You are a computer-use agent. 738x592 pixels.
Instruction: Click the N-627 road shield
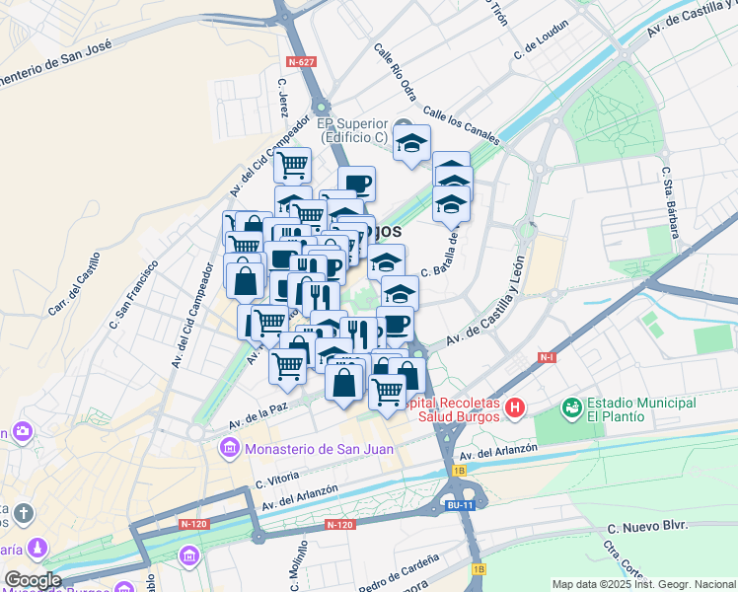click(302, 61)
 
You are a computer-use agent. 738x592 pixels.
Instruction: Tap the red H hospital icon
click(514, 407)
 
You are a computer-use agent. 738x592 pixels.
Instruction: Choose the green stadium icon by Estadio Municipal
click(571, 407)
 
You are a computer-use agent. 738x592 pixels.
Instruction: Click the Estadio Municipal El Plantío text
click(641, 409)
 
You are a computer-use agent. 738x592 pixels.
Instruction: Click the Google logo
click(33, 580)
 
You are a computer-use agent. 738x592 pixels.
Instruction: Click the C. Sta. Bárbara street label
click(671, 208)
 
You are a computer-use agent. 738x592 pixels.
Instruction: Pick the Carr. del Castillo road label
click(75, 284)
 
